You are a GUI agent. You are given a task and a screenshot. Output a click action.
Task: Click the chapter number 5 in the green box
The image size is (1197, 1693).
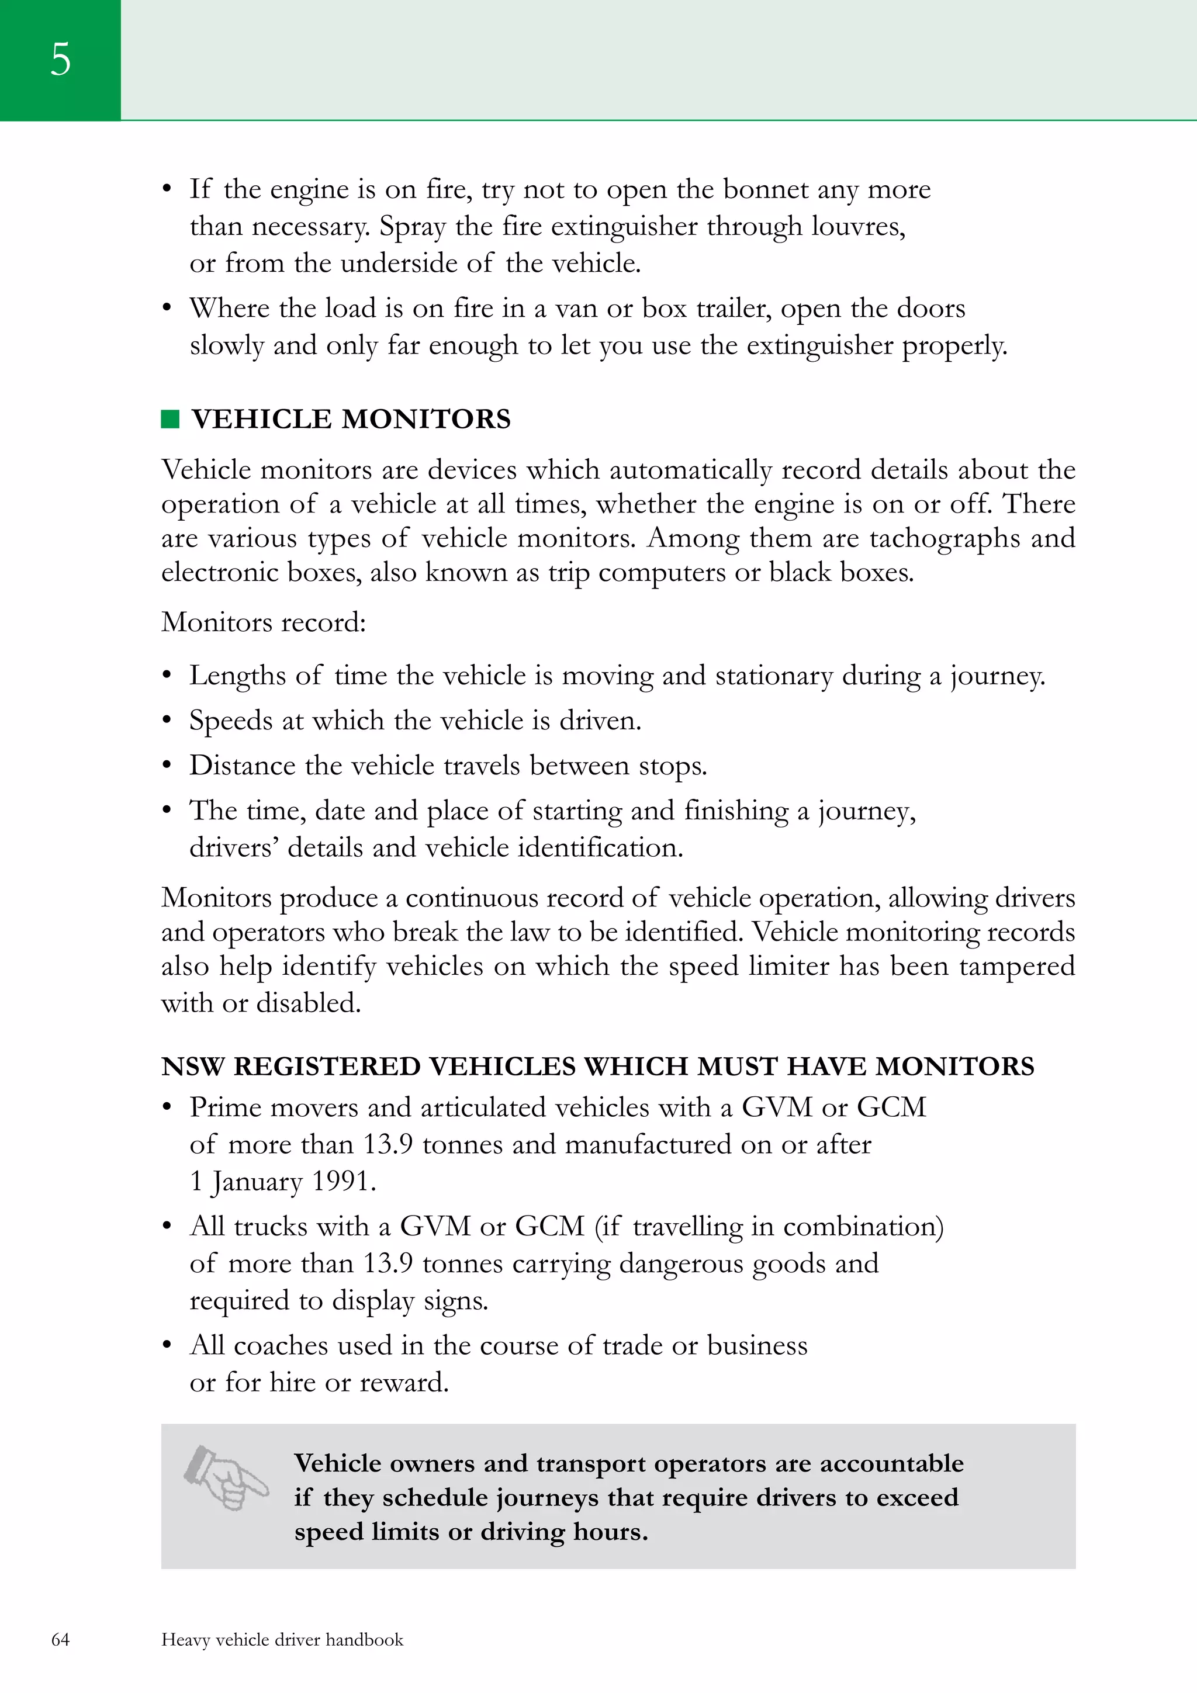pos(60,59)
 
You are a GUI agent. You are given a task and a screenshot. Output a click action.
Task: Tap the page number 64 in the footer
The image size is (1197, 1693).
pos(60,1639)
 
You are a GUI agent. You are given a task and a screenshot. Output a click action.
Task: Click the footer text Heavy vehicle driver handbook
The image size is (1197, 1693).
pos(282,1639)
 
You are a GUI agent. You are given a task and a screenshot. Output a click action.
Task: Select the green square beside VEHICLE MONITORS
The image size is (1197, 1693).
pos(170,419)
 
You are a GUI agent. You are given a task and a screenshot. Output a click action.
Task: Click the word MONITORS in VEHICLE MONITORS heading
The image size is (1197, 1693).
pos(426,419)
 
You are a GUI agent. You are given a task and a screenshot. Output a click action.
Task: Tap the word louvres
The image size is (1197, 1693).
pos(858,226)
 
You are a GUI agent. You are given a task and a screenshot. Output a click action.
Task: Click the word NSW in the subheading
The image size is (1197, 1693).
pos(192,1067)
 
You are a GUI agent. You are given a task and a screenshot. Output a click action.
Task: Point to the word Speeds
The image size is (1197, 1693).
pos(231,721)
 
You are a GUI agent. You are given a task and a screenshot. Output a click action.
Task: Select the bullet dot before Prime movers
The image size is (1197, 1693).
pos(167,1107)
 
